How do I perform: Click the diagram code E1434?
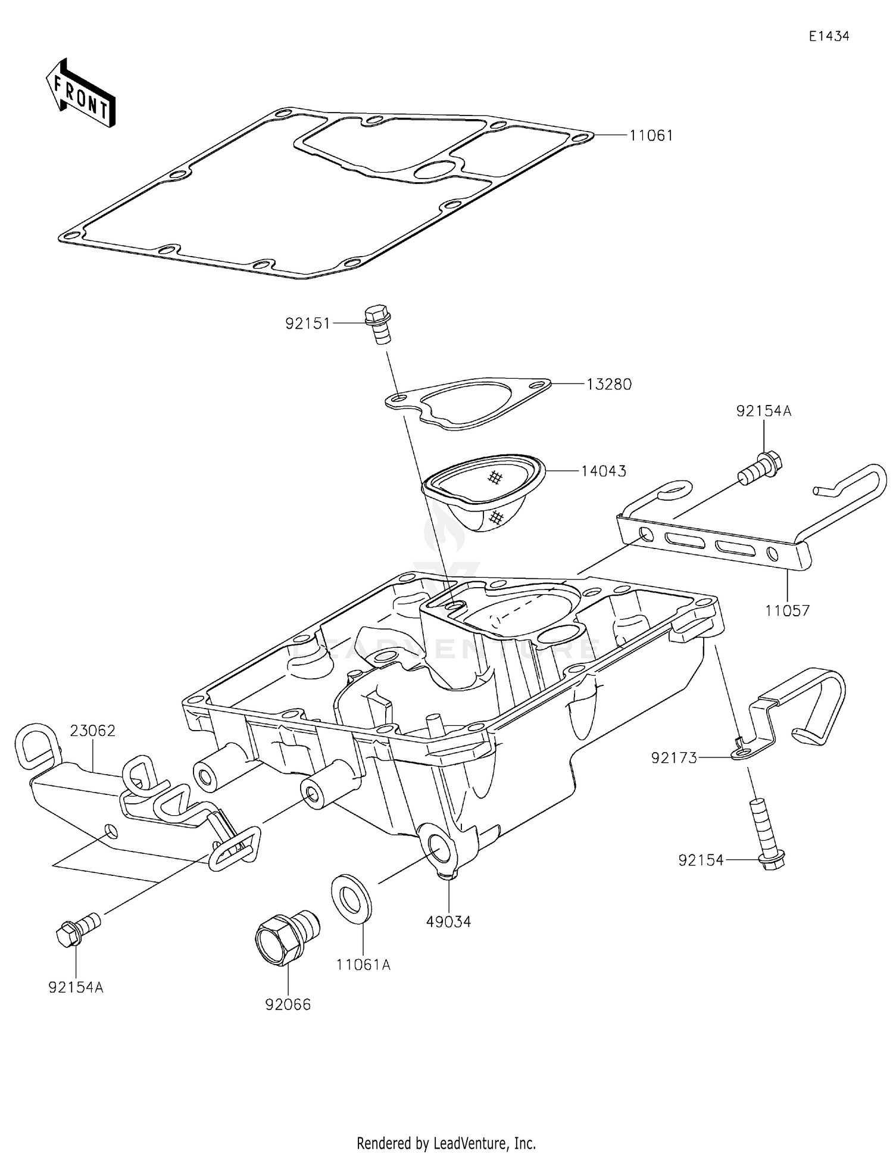point(829,36)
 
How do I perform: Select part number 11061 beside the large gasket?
point(651,136)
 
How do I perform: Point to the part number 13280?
point(608,385)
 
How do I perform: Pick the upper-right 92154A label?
point(763,411)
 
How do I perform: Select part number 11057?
point(787,610)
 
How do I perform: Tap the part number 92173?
point(673,758)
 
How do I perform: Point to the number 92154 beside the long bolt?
point(700,860)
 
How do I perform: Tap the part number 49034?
point(448,922)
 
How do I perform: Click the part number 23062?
point(92,731)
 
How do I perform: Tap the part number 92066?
point(288,1005)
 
